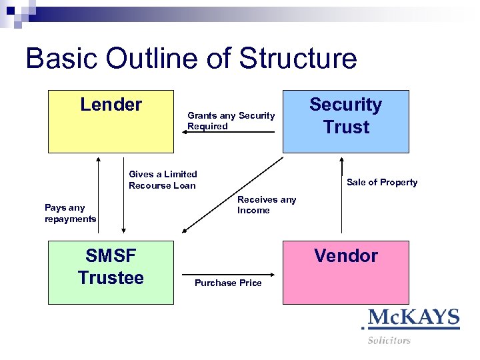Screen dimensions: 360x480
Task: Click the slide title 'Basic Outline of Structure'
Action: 191,59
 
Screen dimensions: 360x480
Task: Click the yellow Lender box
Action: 111,122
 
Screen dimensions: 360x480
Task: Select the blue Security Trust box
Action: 345,122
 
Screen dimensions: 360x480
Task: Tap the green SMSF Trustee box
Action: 111,272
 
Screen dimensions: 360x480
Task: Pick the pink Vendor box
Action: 345,272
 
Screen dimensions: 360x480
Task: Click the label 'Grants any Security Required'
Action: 231,121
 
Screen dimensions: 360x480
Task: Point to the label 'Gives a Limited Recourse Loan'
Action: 163,180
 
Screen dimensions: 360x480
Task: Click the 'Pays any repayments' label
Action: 70,213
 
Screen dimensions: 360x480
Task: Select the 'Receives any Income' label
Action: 267,205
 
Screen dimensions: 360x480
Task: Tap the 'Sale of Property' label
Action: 382,182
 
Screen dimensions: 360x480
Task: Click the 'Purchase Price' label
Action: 228,283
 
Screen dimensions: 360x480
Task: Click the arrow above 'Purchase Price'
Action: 228,273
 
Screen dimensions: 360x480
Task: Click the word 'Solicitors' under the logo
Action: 389,341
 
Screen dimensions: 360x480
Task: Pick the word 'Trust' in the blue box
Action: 346,127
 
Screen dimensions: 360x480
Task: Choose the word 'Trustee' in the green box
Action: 111,277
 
